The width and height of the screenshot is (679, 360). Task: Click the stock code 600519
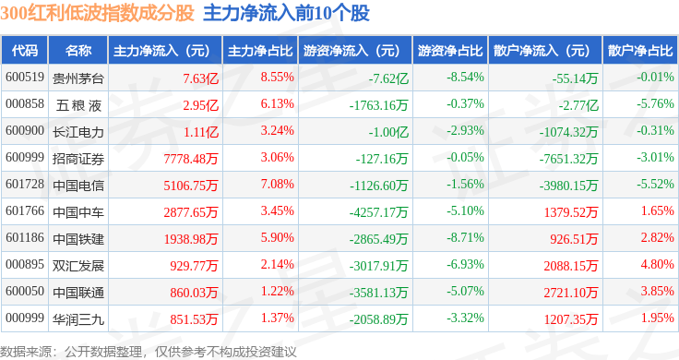[25, 78]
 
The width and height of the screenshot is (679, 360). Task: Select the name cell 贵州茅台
[78, 78]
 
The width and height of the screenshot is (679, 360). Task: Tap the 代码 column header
[25, 51]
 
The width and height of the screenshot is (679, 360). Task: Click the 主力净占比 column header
[260, 51]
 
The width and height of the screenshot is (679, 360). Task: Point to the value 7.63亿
[200, 78]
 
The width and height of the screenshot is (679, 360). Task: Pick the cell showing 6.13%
[277, 104]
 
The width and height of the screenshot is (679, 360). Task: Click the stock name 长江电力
[78, 132]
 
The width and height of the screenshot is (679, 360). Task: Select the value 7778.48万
[191, 159]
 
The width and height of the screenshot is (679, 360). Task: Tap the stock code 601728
[25, 184]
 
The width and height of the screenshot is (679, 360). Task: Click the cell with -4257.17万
[379, 212]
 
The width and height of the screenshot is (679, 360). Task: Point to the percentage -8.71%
[465, 237]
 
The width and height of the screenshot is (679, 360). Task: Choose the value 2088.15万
[571, 266]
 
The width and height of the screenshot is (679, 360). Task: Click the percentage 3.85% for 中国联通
[658, 291]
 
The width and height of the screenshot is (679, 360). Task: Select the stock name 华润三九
[78, 319]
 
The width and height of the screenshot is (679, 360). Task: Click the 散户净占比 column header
[640, 51]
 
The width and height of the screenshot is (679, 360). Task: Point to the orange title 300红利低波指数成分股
[97, 13]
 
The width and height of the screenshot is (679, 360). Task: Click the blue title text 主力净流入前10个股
[286, 13]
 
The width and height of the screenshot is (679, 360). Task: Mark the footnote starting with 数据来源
[149, 352]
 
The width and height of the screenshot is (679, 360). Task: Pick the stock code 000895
[25, 264]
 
